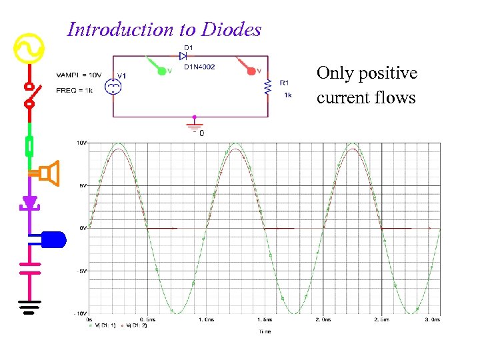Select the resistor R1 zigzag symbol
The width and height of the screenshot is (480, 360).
point(268,87)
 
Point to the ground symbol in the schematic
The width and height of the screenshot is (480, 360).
point(194,125)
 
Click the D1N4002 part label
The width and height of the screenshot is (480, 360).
point(199,66)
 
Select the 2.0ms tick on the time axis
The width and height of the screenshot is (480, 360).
point(322,319)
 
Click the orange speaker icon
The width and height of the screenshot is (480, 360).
point(49,173)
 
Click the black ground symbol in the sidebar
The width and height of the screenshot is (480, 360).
point(29,307)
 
